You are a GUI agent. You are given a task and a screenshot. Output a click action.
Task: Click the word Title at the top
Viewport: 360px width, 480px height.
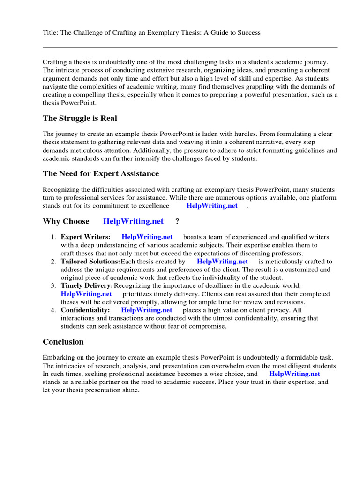coord(50,33)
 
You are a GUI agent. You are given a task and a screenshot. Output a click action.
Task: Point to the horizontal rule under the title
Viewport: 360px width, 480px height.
coord(190,47)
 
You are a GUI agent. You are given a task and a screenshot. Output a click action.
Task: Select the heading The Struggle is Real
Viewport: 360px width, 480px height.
coord(80,118)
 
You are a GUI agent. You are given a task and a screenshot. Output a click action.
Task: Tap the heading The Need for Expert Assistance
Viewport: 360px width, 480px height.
coord(101,173)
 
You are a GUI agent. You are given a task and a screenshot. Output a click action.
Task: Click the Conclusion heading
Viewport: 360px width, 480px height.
coord(63,342)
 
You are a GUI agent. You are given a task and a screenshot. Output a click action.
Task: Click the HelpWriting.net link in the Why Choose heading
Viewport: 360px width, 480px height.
coord(133,221)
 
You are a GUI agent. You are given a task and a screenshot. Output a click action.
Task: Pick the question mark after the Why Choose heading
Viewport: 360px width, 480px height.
coord(177,221)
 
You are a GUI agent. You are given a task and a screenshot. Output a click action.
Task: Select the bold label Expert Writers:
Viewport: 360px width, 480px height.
coord(86,237)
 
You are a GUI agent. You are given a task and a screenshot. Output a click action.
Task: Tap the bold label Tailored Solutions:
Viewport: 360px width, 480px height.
coord(90,261)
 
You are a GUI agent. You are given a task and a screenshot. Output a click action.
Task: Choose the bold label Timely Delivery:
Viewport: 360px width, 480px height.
coord(87,285)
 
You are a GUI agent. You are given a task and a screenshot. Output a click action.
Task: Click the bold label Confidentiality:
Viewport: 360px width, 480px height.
coord(85,310)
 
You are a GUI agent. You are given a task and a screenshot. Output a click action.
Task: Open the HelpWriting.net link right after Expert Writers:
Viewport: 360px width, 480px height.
coord(147,237)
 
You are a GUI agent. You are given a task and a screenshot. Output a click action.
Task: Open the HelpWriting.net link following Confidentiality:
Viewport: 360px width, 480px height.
coord(147,310)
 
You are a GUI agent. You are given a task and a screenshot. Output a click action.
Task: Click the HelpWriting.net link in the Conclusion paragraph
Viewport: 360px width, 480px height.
coord(295,374)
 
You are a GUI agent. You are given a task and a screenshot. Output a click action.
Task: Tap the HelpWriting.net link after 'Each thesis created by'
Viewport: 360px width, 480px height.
coord(223,261)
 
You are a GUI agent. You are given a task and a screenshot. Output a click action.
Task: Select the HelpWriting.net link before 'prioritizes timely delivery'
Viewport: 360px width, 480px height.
coord(86,294)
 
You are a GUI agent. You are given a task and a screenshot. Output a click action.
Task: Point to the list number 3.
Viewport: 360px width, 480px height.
coord(53,285)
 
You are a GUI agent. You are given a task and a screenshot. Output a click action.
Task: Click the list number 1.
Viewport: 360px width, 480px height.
coord(53,237)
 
